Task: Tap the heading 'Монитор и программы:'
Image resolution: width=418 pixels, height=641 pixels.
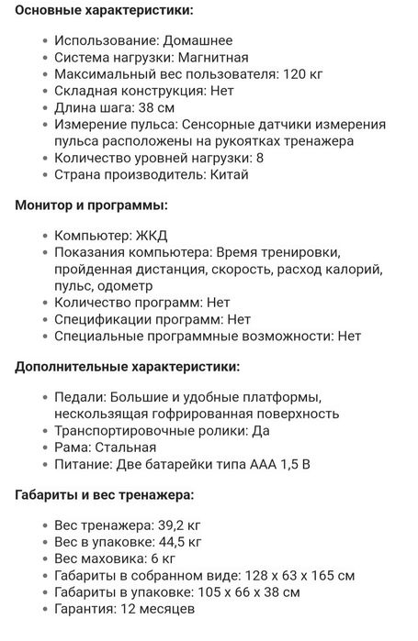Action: click(91, 206)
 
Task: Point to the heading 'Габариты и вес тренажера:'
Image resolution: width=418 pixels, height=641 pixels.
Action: click(105, 495)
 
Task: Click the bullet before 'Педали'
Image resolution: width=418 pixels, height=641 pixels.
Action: click(46, 398)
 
